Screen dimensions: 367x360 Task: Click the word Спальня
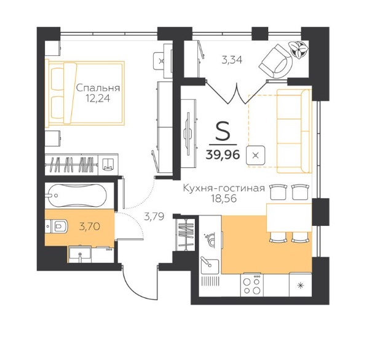(98, 88)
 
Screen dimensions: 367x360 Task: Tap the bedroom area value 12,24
(98, 98)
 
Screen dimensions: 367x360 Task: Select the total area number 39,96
(223, 154)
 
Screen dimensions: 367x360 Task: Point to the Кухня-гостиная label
(224, 188)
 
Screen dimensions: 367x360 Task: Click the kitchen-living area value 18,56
(224, 199)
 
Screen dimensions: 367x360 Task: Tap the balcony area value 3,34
(232, 60)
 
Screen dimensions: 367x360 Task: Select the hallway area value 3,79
(154, 217)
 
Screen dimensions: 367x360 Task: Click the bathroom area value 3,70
(90, 226)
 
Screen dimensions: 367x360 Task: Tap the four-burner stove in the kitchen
(252, 284)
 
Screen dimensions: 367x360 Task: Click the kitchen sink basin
(210, 265)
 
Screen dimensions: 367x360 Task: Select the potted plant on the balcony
(298, 49)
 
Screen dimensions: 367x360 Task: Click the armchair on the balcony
(276, 62)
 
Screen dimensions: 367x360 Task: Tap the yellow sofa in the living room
(294, 131)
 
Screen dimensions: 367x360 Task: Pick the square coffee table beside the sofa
(256, 155)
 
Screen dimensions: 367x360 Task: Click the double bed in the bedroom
(85, 93)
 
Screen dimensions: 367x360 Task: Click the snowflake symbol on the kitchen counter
(300, 286)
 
